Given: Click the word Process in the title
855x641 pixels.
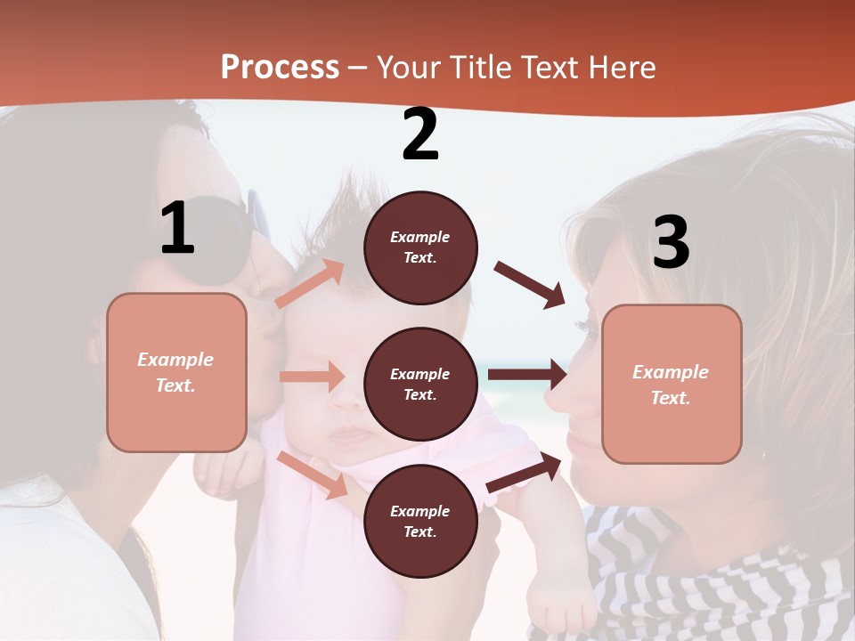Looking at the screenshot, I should coord(280,68).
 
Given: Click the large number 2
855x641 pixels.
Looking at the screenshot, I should coord(420,134).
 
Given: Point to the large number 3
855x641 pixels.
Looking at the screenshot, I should coord(671,242).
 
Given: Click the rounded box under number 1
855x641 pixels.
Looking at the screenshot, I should coord(176,372).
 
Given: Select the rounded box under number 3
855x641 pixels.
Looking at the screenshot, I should coord(672,384).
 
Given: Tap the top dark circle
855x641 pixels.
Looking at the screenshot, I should coord(420,247).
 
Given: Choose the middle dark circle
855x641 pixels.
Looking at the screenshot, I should coord(420,384).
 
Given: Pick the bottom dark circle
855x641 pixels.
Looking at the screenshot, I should coord(420,521).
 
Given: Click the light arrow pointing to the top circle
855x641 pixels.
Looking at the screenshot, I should coord(310,284).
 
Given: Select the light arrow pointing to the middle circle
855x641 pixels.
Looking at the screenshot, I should coord(312,377).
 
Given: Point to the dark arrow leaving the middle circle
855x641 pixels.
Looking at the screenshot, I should coord(526,375).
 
